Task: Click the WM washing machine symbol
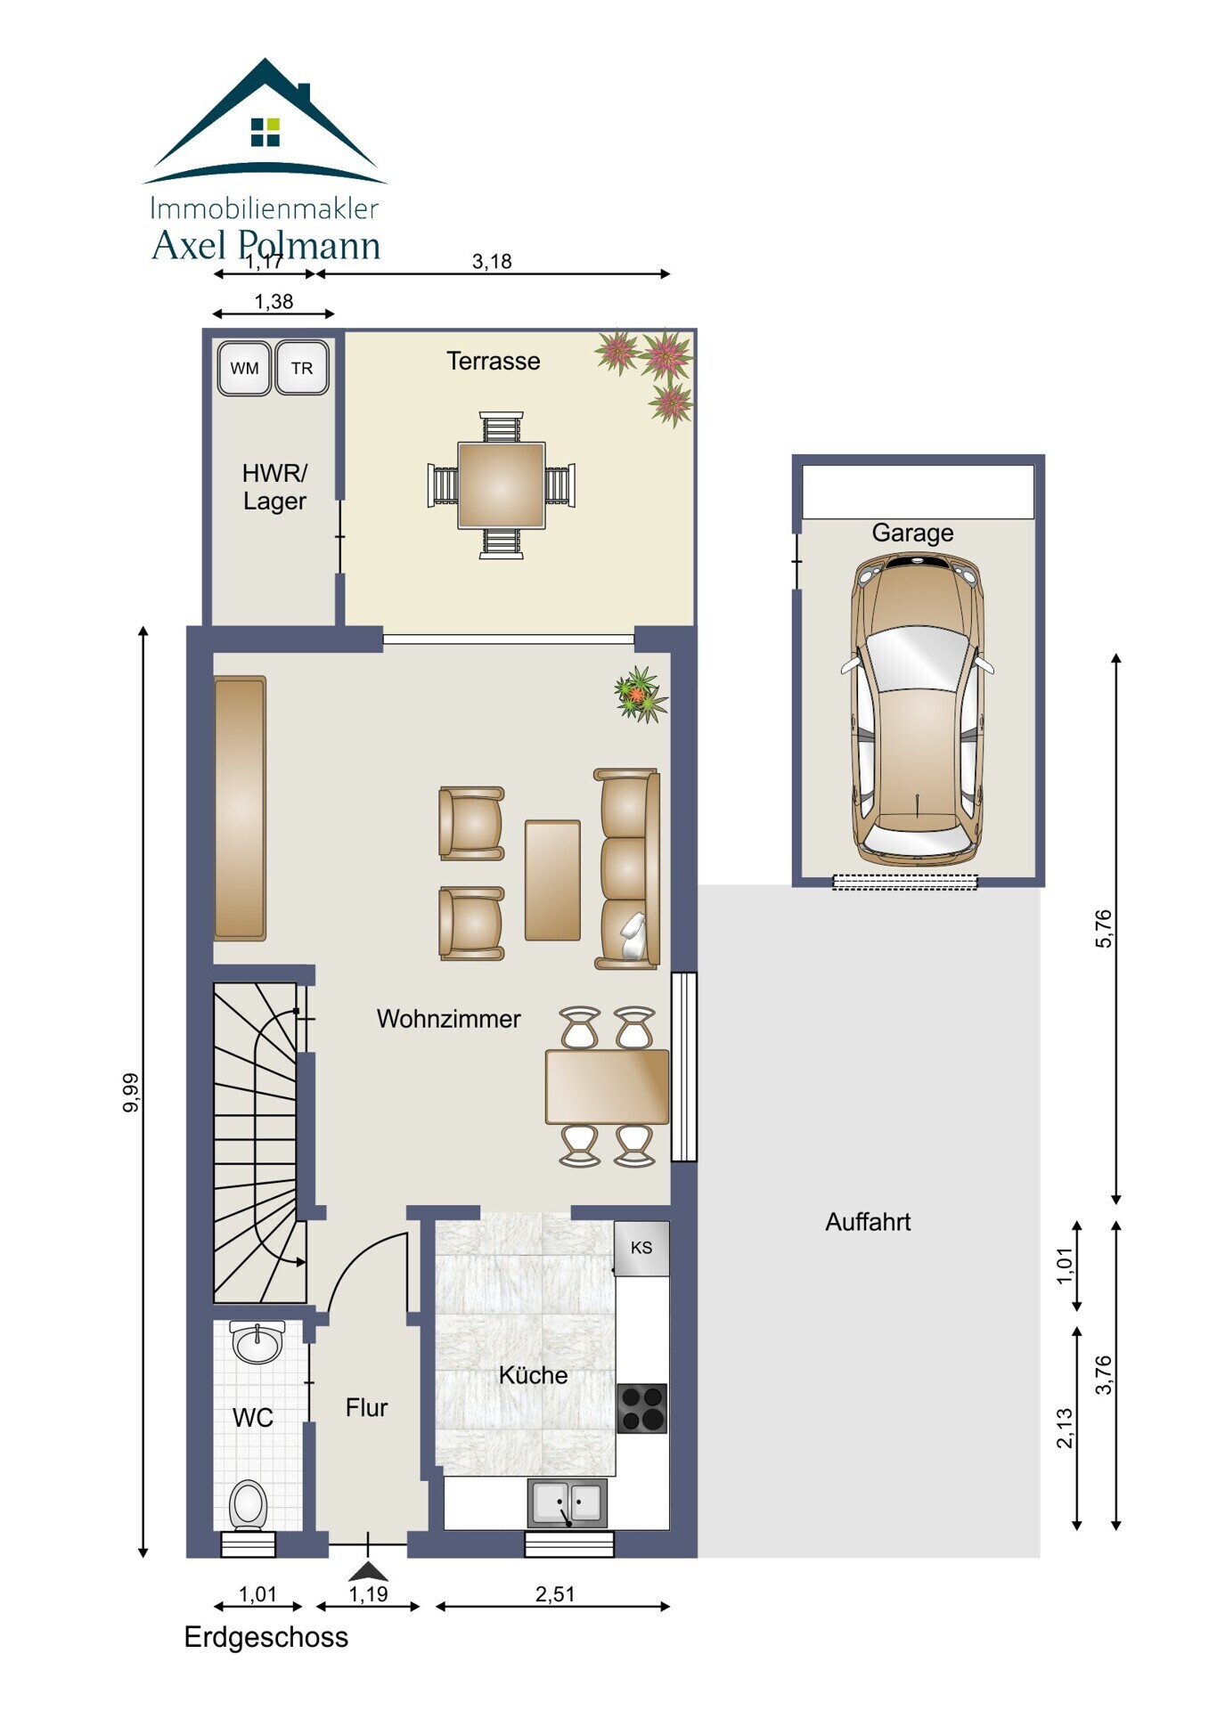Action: (244, 368)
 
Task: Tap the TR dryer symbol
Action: (302, 368)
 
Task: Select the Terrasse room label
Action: (494, 361)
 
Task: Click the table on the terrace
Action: (501, 485)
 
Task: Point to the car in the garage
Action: (918, 709)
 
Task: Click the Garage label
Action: (912, 533)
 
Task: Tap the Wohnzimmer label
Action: (448, 1019)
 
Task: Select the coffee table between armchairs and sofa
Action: (552, 880)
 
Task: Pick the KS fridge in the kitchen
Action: (641, 1248)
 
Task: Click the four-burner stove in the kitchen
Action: (641, 1408)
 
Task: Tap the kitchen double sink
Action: (568, 1503)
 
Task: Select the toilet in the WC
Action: (249, 1506)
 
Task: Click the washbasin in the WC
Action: (257, 1342)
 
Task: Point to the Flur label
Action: (366, 1407)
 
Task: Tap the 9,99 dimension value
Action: (131, 1093)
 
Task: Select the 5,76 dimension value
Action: (1104, 928)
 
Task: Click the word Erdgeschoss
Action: (265, 1637)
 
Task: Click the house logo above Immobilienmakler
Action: (265, 121)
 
